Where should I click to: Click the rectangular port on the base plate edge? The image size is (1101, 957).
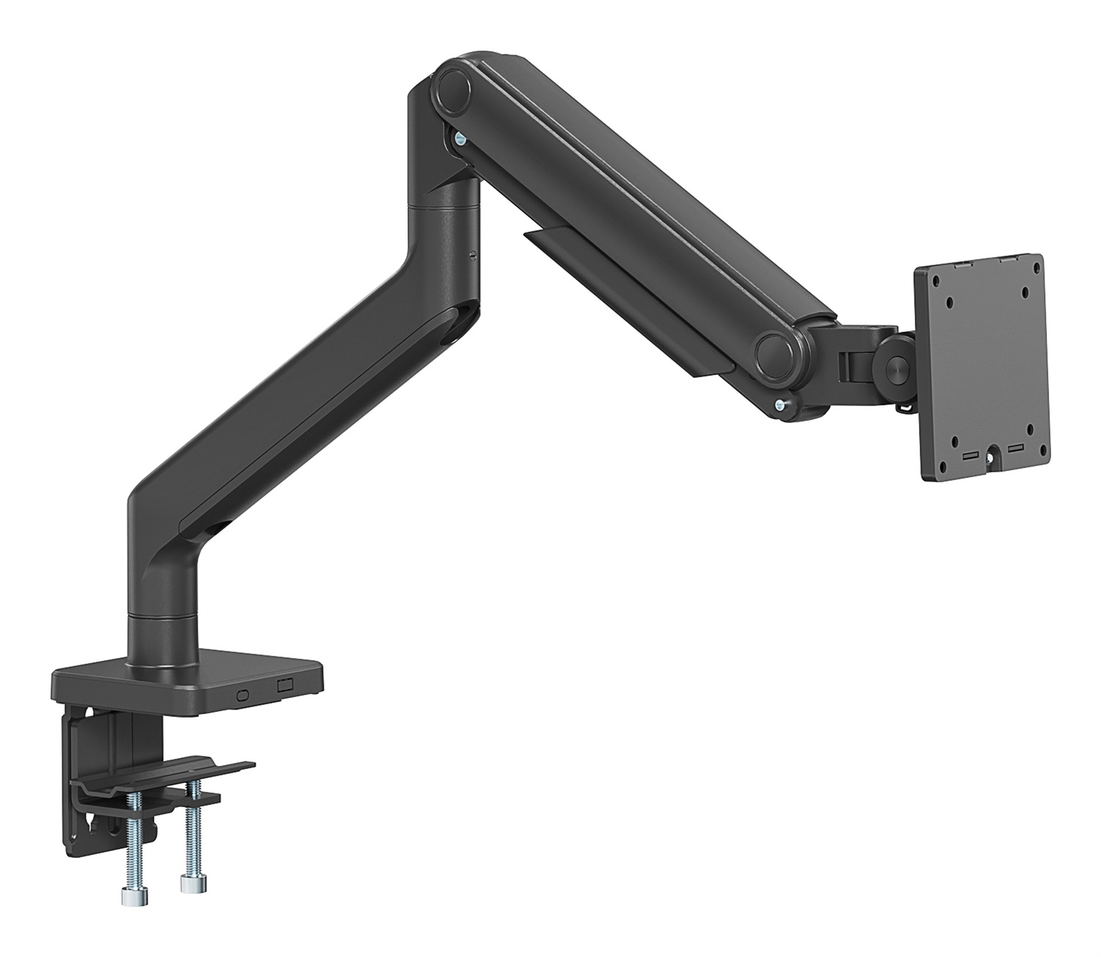pyautogui.click(x=285, y=685)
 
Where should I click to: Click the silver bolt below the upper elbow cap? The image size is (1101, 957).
pyautogui.click(x=459, y=138)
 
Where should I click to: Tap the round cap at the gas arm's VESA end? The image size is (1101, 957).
pyautogui.click(x=778, y=349)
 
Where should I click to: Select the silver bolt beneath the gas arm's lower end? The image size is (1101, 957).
pyautogui.click(x=782, y=403)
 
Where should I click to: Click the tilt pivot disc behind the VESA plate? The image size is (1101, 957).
pyautogui.click(x=895, y=362)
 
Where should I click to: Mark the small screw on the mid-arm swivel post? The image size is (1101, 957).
pyautogui.click(x=473, y=256)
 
